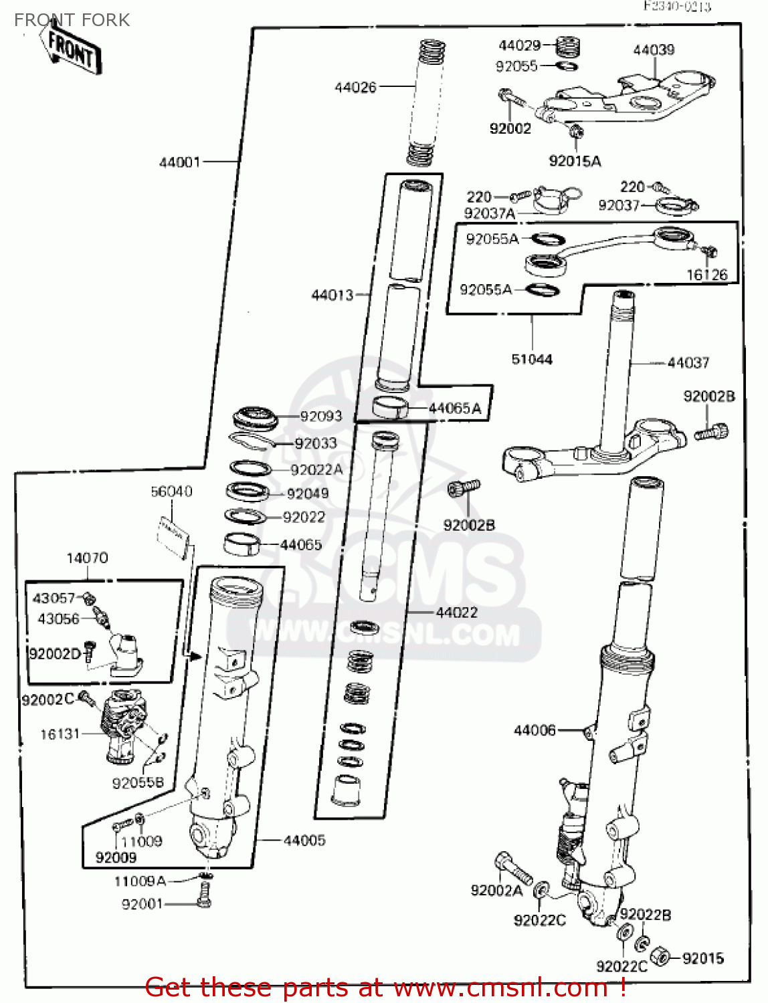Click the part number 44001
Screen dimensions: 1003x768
pos(179,162)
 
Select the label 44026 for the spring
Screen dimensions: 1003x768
pos(355,87)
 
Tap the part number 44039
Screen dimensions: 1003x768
pos(654,50)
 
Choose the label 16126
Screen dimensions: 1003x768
pos(706,275)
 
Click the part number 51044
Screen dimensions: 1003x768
pos(532,360)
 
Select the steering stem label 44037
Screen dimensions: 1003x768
pos(688,363)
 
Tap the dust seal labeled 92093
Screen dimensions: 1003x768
pos(254,418)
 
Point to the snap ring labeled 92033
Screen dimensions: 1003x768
pos(251,441)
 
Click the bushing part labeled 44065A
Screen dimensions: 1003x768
pos(389,407)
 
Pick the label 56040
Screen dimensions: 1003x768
pos(171,491)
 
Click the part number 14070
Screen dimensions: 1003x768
pos(87,558)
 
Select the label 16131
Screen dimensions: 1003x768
pos(60,734)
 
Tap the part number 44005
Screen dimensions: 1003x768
pos(304,841)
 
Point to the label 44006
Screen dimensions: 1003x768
pos(534,731)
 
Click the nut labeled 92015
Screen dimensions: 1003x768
pos(660,956)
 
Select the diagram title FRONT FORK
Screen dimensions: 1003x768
pos(72,20)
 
